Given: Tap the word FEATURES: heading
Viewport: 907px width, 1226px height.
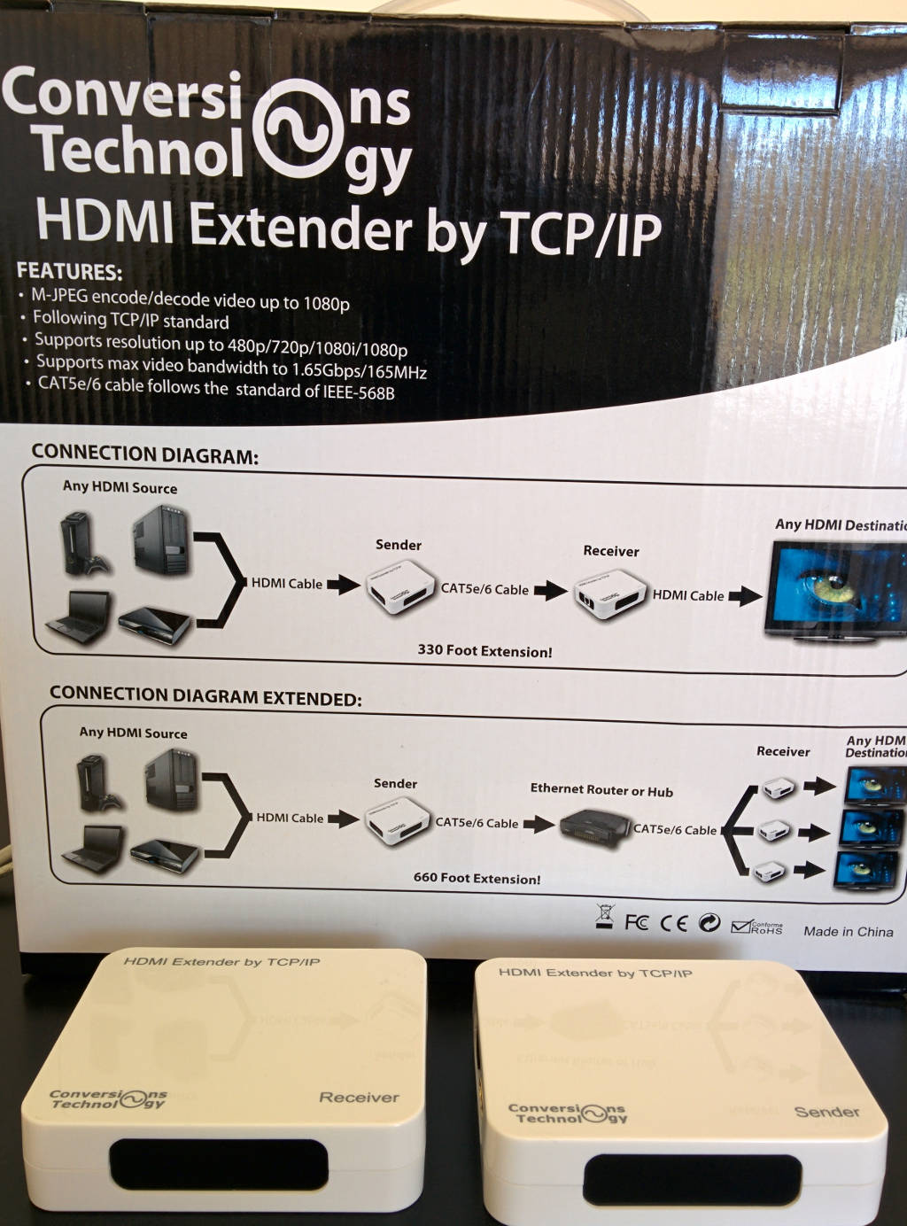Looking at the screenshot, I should (69, 271).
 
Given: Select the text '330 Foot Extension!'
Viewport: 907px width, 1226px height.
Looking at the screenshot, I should (485, 651).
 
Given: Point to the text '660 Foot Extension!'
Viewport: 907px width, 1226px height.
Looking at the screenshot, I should (477, 879).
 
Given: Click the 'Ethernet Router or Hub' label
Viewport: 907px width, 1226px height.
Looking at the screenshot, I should (601, 790).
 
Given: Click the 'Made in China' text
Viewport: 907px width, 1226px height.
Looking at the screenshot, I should (848, 931).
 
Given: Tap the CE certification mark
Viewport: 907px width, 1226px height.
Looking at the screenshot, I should (674, 923).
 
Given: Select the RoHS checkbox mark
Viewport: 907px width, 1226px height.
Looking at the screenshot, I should (741, 927).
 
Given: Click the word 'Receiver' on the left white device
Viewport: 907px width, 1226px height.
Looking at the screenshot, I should (359, 1098).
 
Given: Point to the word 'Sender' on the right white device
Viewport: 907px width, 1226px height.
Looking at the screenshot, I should (826, 1112).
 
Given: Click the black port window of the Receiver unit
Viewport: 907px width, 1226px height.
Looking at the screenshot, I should (219, 1164).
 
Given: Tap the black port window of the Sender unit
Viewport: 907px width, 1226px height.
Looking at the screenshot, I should (692, 1179).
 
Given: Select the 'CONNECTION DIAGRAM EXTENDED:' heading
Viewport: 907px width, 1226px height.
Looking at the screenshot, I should (205, 696).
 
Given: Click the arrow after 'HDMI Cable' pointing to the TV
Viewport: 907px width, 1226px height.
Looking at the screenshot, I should (745, 596).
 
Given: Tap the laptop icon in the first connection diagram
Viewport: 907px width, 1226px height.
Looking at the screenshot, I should (80, 617).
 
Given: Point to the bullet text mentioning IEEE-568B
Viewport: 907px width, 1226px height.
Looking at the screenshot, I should (216, 388).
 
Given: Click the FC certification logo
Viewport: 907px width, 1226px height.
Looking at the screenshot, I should (636, 923).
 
